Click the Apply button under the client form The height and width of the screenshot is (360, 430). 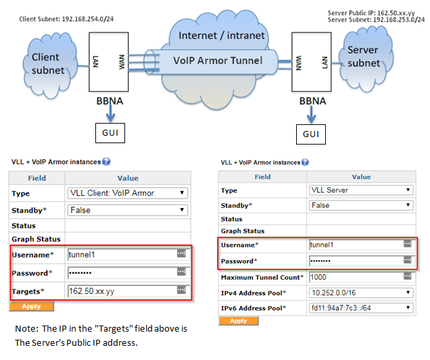click(32, 306)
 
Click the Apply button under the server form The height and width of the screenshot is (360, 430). click(239, 321)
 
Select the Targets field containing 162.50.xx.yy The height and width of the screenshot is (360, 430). click(128, 291)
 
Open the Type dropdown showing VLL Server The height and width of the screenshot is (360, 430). click(361, 190)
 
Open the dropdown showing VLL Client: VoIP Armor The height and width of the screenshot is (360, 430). click(128, 193)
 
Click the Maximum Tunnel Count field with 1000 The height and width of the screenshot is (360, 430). click(361, 277)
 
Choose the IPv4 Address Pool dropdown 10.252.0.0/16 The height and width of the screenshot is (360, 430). click(361, 293)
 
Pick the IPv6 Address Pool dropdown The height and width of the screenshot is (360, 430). click(361, 308)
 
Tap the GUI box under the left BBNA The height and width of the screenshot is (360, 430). click(110, 133)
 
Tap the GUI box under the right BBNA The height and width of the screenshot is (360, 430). click(311, 134)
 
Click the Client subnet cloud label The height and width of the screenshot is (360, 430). click(48, 64)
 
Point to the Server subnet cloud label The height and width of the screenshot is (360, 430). click(364, 57)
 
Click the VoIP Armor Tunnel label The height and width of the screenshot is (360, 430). click(218, 61)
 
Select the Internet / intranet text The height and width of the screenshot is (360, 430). click(222, 35)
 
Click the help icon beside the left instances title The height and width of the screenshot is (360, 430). click(106, 161)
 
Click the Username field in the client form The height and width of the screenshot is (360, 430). click(128, 255)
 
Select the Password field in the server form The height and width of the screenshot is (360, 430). click(361, 261)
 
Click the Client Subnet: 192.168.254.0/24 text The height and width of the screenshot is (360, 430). click(66, 19)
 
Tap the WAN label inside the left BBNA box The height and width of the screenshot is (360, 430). click(122, 62)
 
